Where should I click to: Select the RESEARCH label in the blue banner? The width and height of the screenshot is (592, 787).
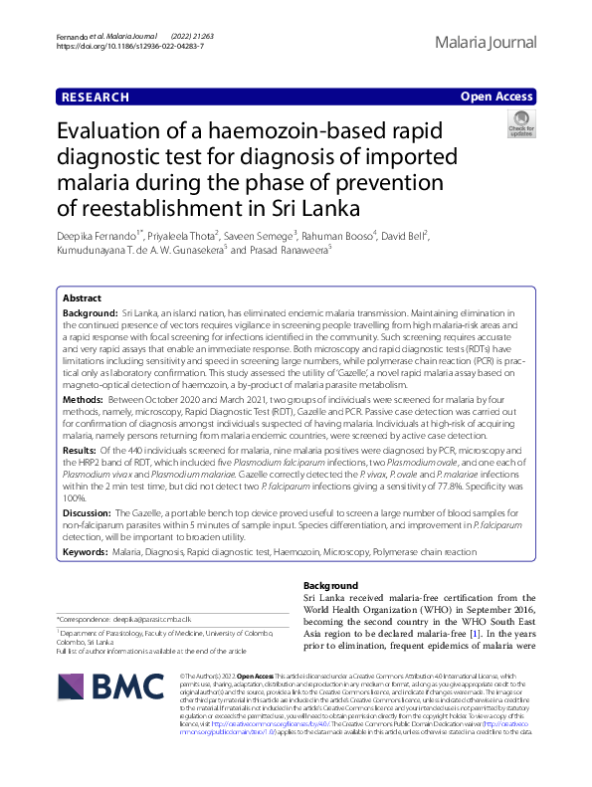point(96,97)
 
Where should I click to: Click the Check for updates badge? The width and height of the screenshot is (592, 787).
point(521,126)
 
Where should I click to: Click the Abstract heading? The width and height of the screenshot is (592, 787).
point(82,271)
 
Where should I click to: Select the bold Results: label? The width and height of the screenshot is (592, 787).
point(82,448)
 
